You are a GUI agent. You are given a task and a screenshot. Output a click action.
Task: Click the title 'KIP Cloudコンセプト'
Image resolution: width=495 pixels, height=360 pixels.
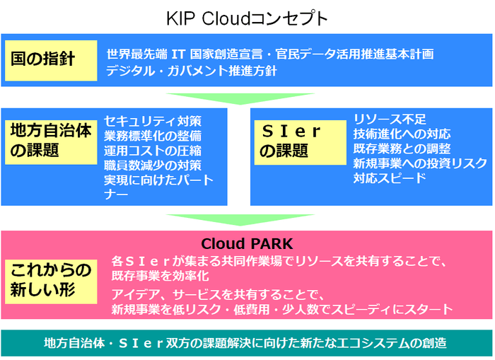coord(247,18)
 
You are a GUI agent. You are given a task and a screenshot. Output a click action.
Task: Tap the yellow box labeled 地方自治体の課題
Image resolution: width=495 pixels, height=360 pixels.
coord(50,140)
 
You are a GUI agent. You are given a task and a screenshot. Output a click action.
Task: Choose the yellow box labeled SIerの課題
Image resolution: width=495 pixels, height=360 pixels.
coord(291,141)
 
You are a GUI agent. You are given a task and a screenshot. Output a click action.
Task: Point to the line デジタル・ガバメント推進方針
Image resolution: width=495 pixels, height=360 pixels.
coord(192,71)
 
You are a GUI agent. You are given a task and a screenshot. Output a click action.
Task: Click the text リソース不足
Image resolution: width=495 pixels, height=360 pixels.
coord(390,118)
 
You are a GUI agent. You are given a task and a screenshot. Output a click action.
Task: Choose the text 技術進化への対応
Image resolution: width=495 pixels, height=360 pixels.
coord(402,133)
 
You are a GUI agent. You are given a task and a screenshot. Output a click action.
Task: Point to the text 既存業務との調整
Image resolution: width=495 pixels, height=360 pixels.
coord(402,148)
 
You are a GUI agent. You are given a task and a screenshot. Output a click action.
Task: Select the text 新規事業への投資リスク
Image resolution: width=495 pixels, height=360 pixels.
coord(420,163)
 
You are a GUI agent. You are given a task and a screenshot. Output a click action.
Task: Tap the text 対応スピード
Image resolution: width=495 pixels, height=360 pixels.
coord(390,178)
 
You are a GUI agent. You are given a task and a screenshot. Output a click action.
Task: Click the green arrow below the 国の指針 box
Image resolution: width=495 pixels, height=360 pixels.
coord(240,98)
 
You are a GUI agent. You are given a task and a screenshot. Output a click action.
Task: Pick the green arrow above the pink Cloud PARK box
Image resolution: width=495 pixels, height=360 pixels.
coord(240,219)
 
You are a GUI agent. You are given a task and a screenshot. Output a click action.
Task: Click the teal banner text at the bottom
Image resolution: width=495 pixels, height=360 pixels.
coord(247,344)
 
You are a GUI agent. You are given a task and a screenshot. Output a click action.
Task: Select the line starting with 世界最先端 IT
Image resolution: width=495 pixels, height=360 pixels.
coord(269,54)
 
